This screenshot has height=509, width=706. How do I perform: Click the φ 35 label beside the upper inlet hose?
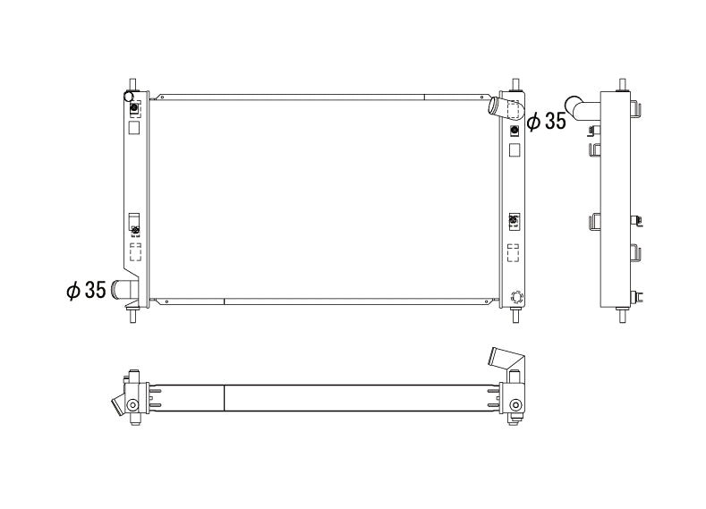(546, 121)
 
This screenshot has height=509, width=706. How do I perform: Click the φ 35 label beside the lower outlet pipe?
(86, 290)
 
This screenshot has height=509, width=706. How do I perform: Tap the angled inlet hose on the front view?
(506, 108)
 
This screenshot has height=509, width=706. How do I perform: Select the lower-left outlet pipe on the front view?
(123, 289)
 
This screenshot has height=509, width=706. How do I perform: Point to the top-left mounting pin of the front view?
(132, 84)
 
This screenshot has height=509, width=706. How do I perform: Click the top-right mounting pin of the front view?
(515, 84)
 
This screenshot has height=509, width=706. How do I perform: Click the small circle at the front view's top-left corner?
(129, 97)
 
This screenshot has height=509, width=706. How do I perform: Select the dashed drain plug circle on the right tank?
(516, 297)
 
